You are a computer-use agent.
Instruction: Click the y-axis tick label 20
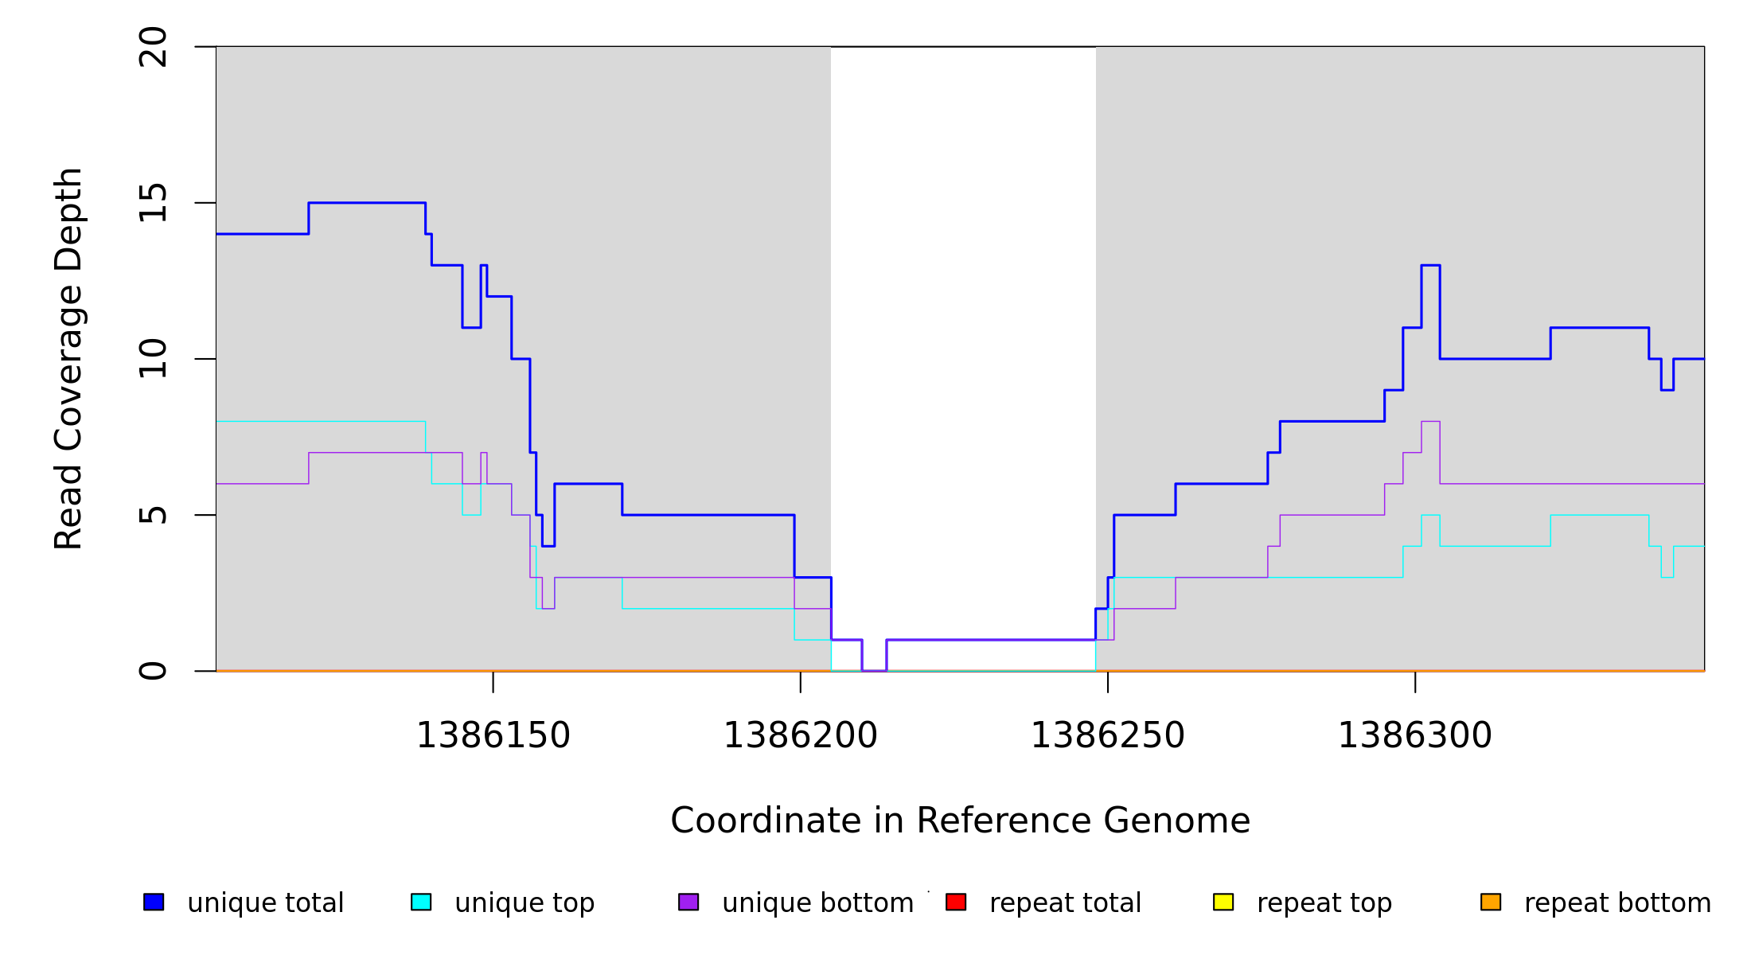pos(153,47)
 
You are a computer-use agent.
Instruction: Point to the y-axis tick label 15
pos(153,203)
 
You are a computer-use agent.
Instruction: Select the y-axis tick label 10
pos(153,359)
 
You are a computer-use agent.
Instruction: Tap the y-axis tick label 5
pos(153,515)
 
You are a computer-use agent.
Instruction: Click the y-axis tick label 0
pos(153,671)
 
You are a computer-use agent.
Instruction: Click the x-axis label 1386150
pos(493,735)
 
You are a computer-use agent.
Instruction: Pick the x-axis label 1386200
pos(801,735)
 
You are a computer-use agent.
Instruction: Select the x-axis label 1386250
pos(1108,735)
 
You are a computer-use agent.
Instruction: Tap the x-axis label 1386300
pos(1415,735)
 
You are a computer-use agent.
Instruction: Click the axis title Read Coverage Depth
pos(68,359)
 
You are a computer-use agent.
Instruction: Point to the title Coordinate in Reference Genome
pos(960,821)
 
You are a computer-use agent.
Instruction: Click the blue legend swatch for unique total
pos(154,902)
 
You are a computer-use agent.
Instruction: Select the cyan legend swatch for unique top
pos(421,902)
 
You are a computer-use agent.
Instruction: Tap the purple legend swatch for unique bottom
pos(688,902)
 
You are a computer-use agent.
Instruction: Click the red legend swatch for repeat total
pos(956,902)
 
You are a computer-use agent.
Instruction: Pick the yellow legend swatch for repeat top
pos(1223,902)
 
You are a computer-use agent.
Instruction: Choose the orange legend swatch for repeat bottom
pos(1491,902)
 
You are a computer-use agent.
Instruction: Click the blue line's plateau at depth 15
pos(367,203)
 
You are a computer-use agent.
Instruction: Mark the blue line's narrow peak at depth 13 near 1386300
pos(1430,265)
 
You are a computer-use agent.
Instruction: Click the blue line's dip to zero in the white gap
pos(874,670)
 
